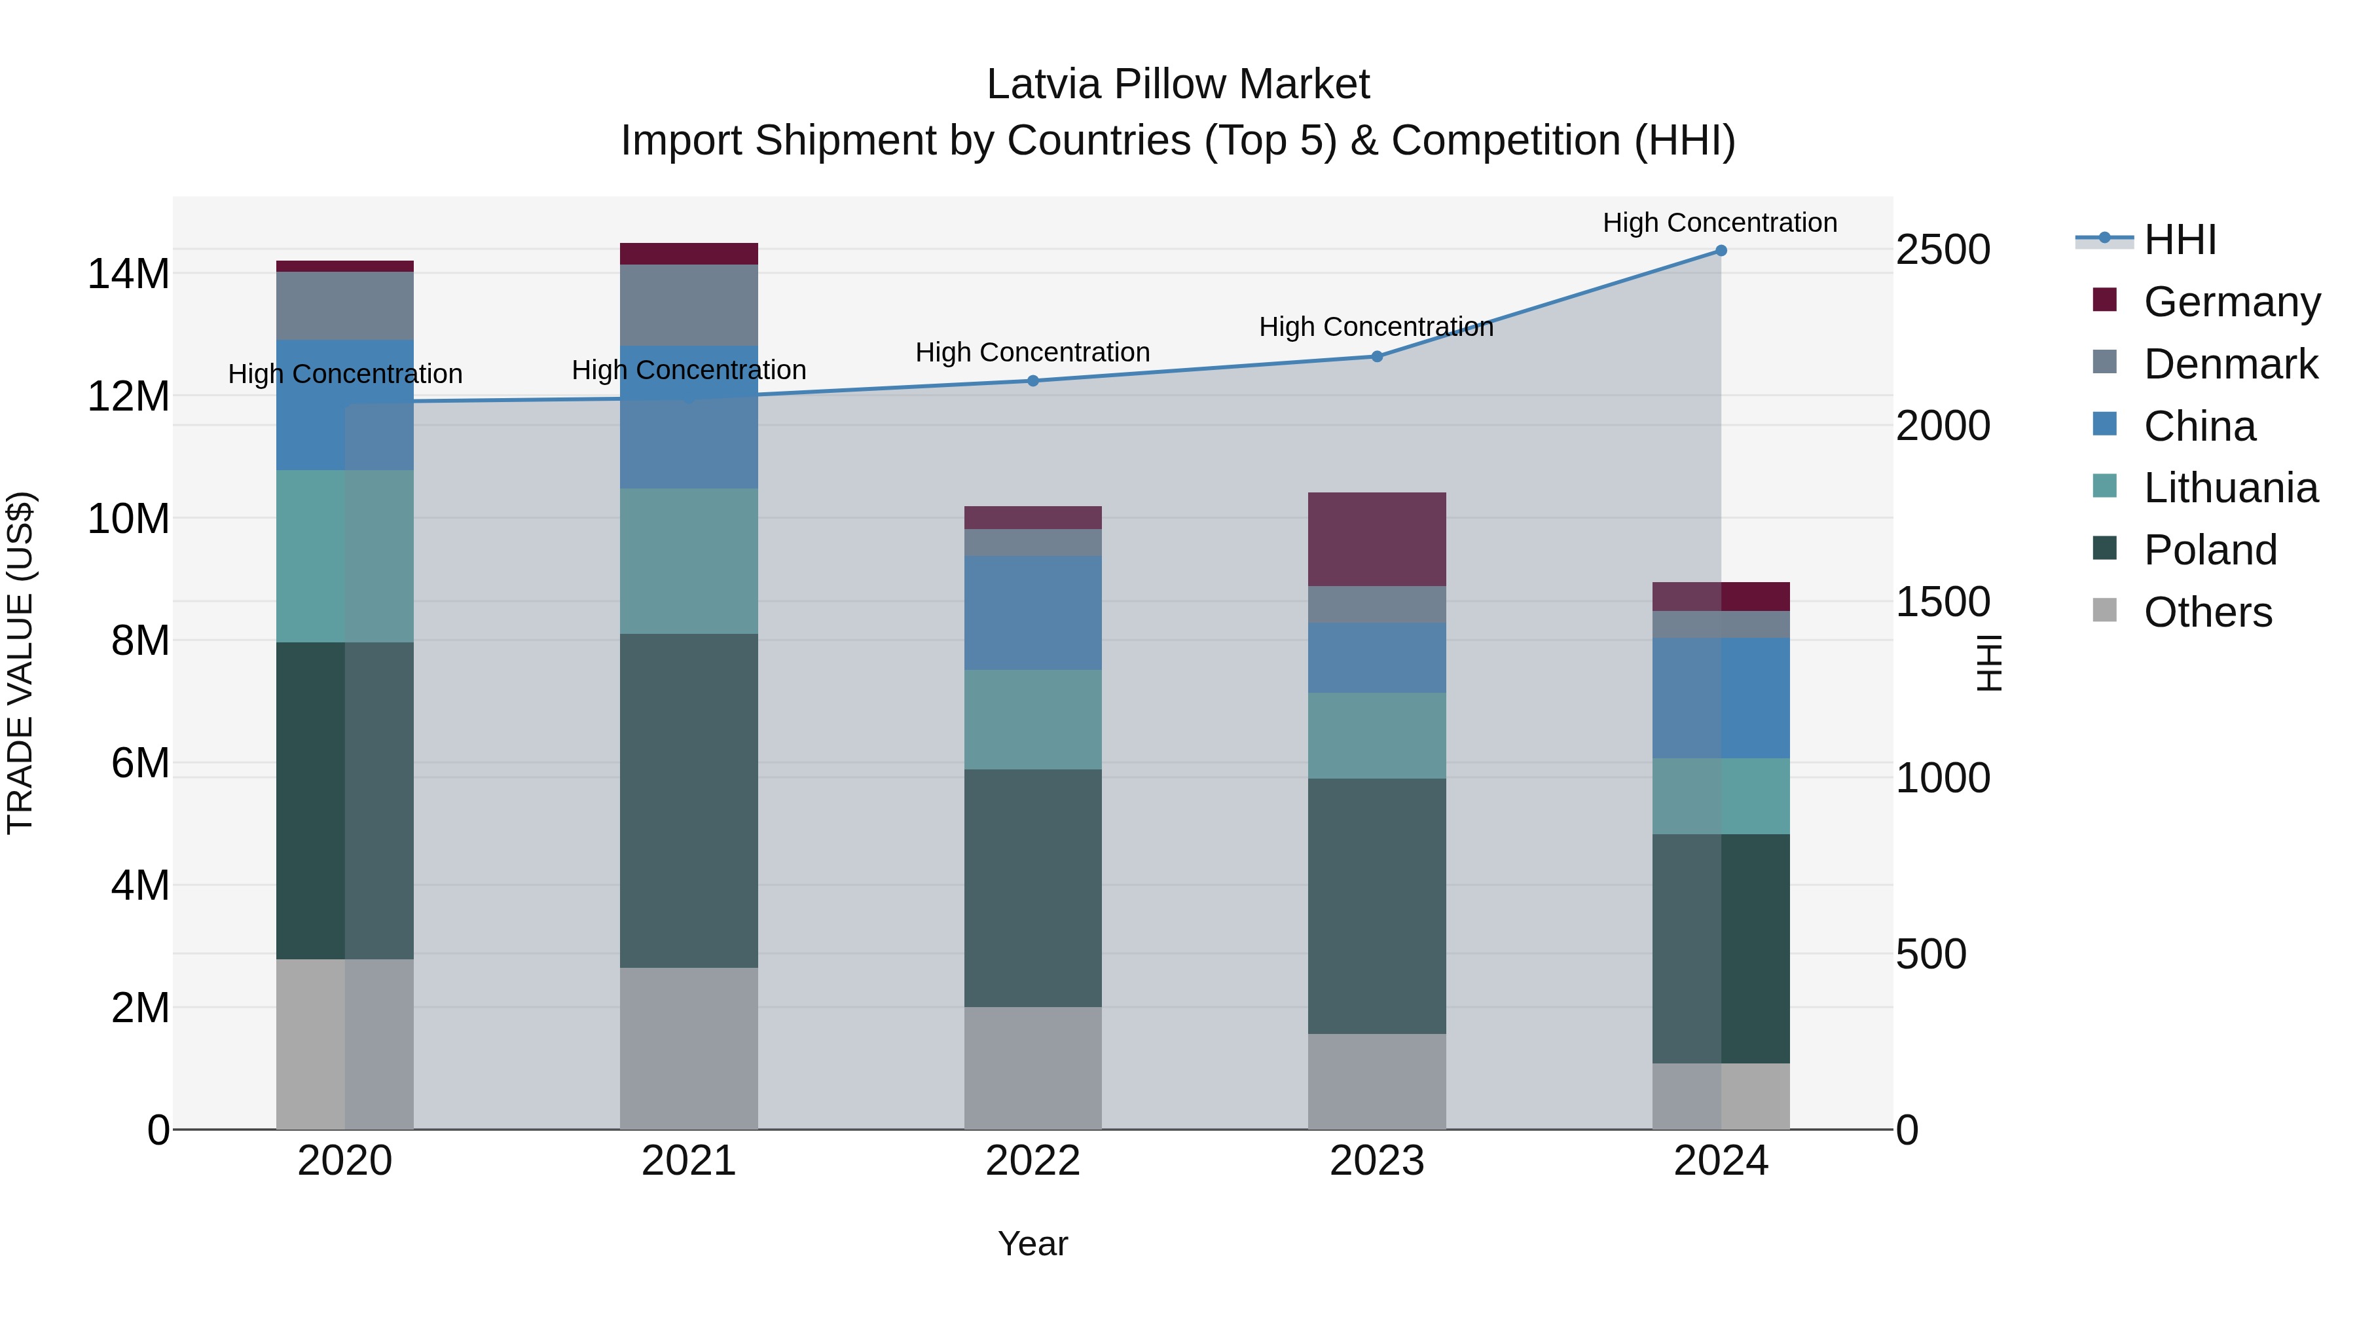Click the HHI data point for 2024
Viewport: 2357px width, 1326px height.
[1720, 251]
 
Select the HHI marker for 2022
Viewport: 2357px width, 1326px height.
[1033, 380]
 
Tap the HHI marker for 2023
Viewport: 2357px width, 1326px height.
[1377, 356]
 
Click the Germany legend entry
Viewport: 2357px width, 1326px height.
[2231, 302]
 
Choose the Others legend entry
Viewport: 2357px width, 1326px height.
[2207, 612]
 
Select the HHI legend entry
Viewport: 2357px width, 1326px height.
[2180, 240]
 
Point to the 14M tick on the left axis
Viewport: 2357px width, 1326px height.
[128, 274]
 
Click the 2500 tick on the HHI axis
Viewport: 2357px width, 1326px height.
[1943, 250]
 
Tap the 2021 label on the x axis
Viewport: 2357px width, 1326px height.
[689, 1161]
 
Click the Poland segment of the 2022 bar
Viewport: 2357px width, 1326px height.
[1033, 888]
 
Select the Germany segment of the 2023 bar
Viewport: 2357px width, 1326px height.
[1377, 539]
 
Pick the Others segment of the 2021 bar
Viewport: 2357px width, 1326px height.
[689, 1048]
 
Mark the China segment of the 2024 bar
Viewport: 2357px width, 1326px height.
[1720, 698]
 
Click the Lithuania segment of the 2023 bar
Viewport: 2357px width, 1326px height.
[1377, 736]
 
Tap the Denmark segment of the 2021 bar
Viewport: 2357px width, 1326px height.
[689, 304]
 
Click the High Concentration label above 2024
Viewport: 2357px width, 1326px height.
[1719, 223]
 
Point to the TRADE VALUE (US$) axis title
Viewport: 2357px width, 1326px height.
[20, 663]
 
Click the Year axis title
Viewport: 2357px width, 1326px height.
[1033, 1243]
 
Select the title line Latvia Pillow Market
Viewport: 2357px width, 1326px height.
[1178, 84]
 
